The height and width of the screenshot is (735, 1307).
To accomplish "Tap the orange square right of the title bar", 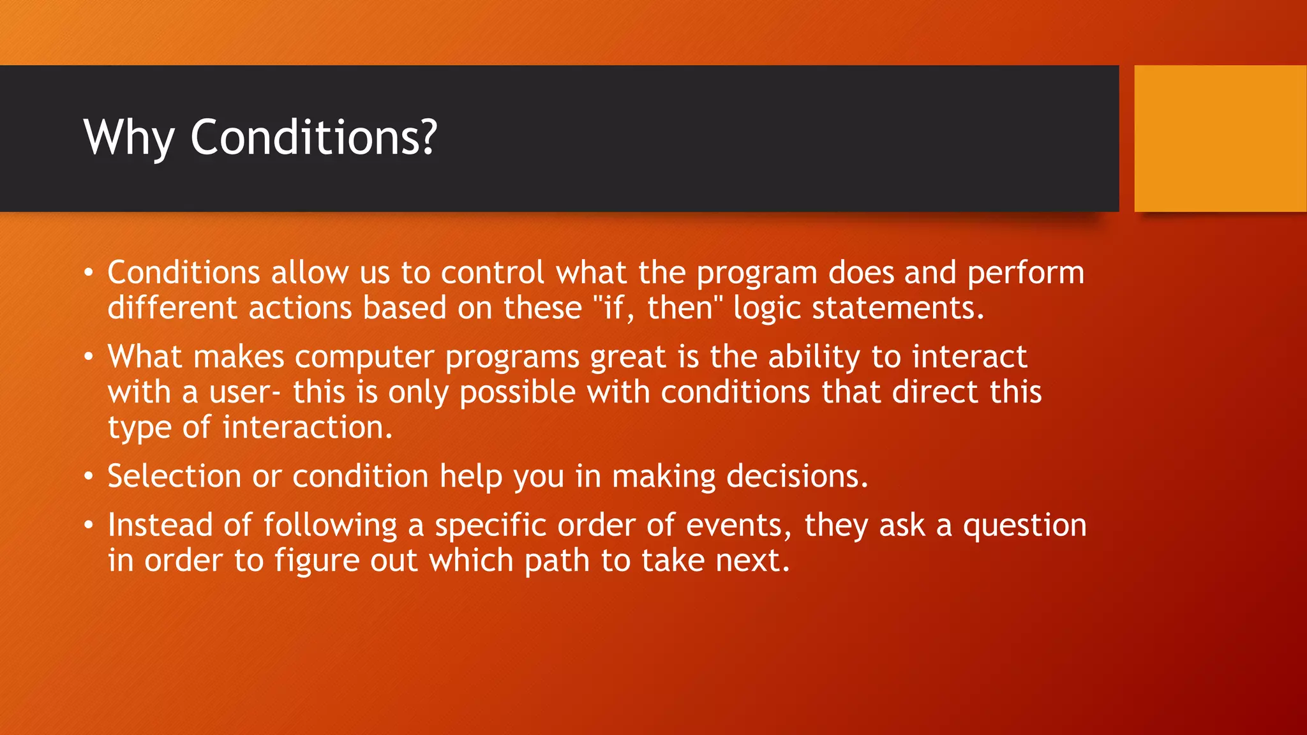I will click(1220, 138).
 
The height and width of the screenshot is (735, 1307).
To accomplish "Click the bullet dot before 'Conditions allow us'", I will click(89, 273).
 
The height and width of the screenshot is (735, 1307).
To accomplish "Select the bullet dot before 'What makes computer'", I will click(89, 357).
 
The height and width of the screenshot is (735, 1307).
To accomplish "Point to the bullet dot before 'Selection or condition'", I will click(89, 477).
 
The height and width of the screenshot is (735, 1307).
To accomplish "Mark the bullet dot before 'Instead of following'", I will click(89, 526).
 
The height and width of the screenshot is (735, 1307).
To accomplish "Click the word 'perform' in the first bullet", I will click(1026, 273).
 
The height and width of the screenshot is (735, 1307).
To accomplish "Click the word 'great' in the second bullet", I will click(628, 357).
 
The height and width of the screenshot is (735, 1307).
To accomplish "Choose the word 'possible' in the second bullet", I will click(518, 392).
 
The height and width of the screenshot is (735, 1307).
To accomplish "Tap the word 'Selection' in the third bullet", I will click(174, 476).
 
